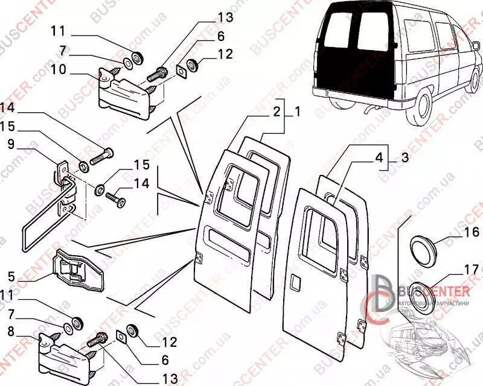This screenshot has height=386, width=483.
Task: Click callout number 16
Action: point(472,232)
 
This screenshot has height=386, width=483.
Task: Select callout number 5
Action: point(11,278)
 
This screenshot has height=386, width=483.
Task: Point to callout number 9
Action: point(11,144)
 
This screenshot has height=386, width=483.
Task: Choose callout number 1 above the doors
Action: point(296,112)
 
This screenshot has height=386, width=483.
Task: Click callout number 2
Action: point(275,112)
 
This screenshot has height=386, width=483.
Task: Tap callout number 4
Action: point(379,159)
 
